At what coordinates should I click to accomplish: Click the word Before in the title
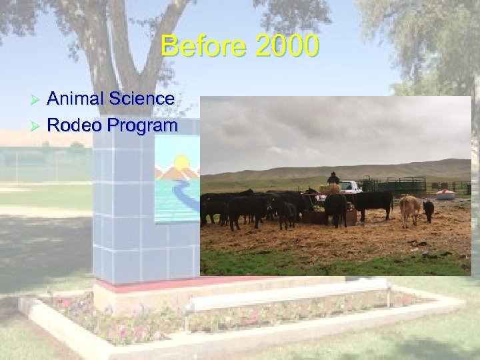199,47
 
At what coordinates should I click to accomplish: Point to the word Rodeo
72,125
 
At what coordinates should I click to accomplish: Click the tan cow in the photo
409,209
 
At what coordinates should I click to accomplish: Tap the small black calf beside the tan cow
428,210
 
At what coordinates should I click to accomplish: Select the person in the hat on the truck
333,178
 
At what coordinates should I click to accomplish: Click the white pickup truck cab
351,187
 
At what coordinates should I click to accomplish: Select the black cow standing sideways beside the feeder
373,202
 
